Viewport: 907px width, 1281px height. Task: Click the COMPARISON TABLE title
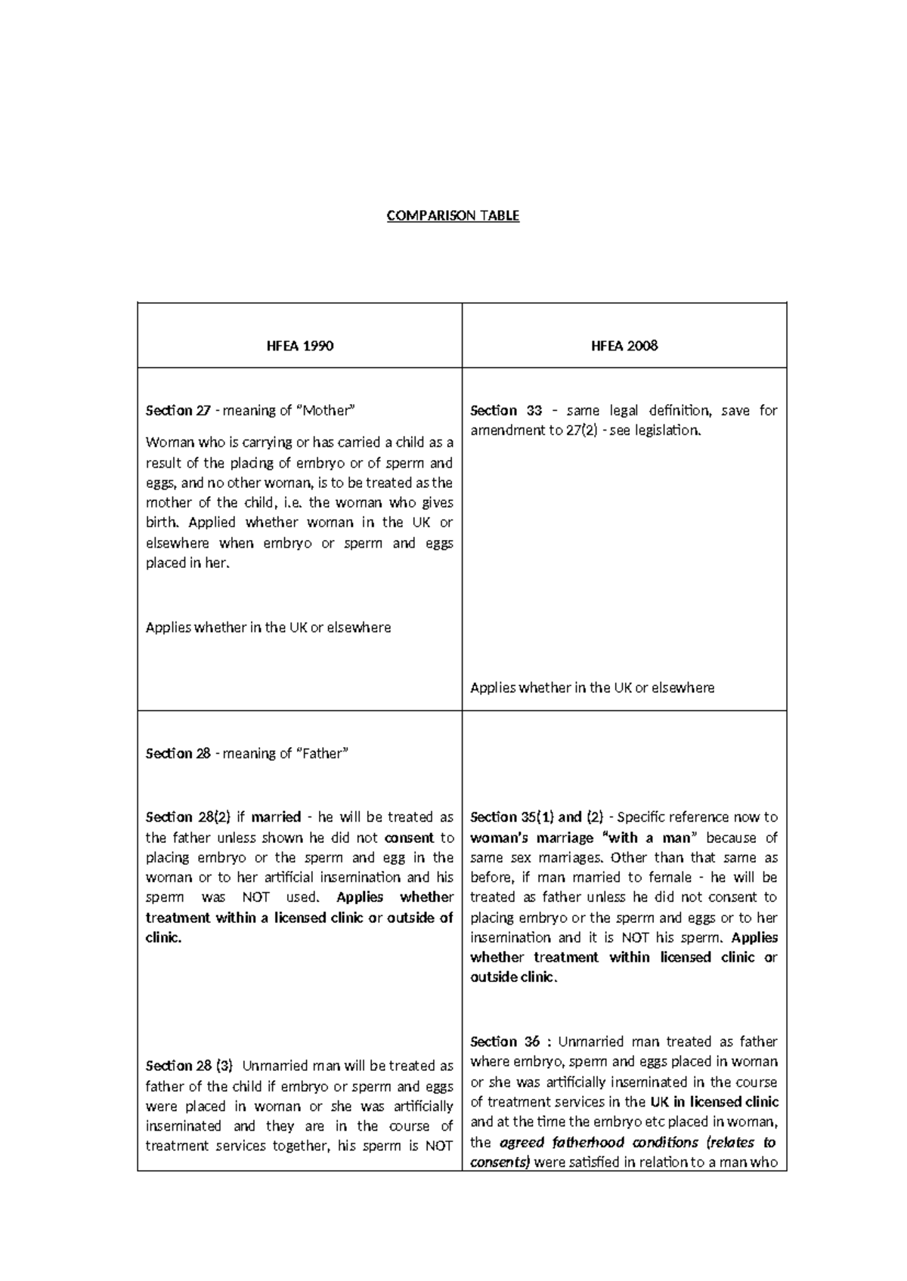coord(453,216)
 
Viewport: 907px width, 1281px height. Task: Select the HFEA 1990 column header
coord(300,346)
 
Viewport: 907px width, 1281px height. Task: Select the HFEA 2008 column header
coord(624,346)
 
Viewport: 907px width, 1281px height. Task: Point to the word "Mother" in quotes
coord(324,411)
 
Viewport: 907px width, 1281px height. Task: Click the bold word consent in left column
coord(409,838)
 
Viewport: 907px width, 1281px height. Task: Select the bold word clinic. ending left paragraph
coord(163,938)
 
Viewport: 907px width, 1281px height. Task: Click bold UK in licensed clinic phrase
coord(714,1102)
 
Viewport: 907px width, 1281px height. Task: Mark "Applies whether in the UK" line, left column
coord(268,628)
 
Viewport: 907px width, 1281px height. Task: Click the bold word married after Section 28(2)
coord(276,817)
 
